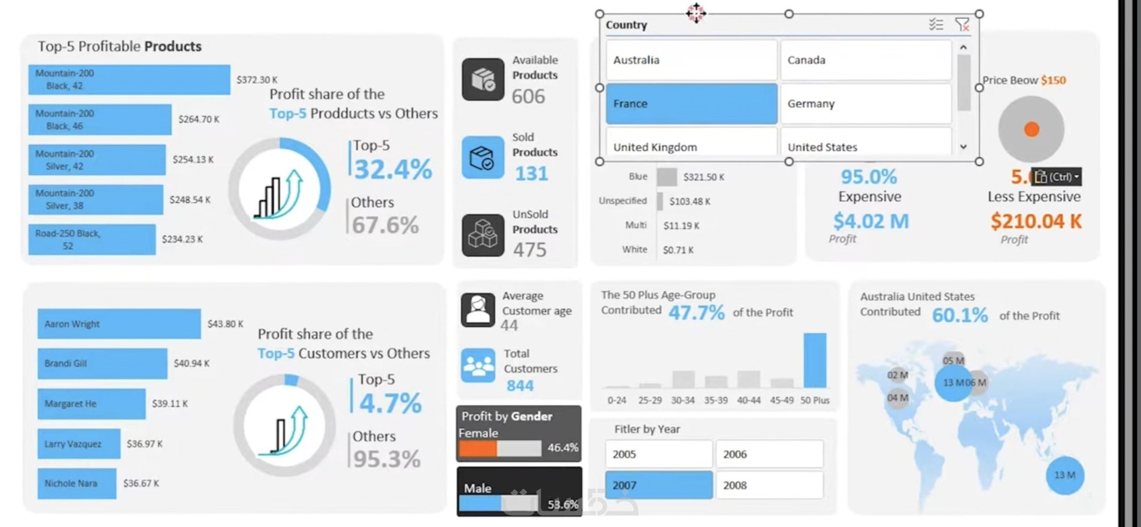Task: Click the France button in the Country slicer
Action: click(x=691, y=104)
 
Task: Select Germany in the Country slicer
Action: click(x=866, y=104)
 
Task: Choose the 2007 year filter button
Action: click(x=658, y=485)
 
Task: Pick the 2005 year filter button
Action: click(x=658, y=454)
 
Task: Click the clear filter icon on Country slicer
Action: click(x=962, y=25)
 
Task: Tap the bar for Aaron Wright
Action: click(x=119, y=324)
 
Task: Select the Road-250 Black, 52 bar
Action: click(x=92, y=240)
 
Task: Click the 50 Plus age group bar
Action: click(x=815, y=361)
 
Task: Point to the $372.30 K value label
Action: click(x=257, y=80)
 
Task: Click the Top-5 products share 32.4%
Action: click(x=393, y=169)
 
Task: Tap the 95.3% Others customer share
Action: click(x=387, y=459)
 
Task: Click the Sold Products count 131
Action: click(x=532, y=174)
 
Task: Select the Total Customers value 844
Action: click(x=520, y=386)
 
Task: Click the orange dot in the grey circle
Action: click(x=1031, y=129)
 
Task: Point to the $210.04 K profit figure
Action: click(x=1036, y=221)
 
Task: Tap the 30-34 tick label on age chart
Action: click(x=683, y=400)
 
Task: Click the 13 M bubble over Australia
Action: click(x=1065, y=475)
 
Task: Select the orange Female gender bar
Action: click(x=478, y=449)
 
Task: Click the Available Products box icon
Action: click(x=483, y=79)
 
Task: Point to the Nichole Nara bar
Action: click(x=77, y=483)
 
